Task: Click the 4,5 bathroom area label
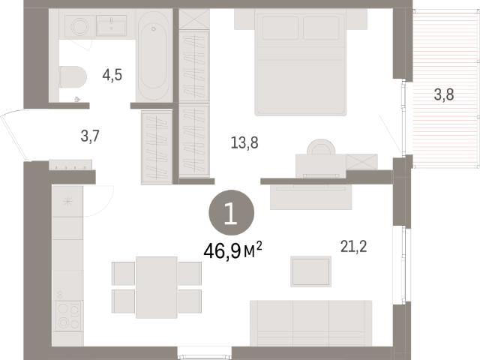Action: pos(112,75)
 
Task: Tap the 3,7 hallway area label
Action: pos(90,136)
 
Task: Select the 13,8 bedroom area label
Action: pos(244,142)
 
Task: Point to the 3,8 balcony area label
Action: pos(444,94)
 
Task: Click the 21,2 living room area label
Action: pos(353,247)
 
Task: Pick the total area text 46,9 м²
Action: pos(232,250)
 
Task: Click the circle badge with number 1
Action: pos(232,212)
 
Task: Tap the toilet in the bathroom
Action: pos(73,77)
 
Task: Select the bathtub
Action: pos(153,55)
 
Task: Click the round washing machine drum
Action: pos(80,26)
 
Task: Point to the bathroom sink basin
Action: pos(112,25)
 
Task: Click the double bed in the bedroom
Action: pos(301,62)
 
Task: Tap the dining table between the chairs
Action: pos(157,287)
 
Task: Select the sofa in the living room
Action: pos(311,323)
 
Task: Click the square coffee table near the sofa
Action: pos(311,271)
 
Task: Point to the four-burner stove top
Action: pos(68,315)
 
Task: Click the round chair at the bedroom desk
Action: pos(321,147)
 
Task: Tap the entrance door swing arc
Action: pos(11,135)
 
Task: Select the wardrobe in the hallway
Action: pos(157,148)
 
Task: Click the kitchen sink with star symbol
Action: pos(67,202)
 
